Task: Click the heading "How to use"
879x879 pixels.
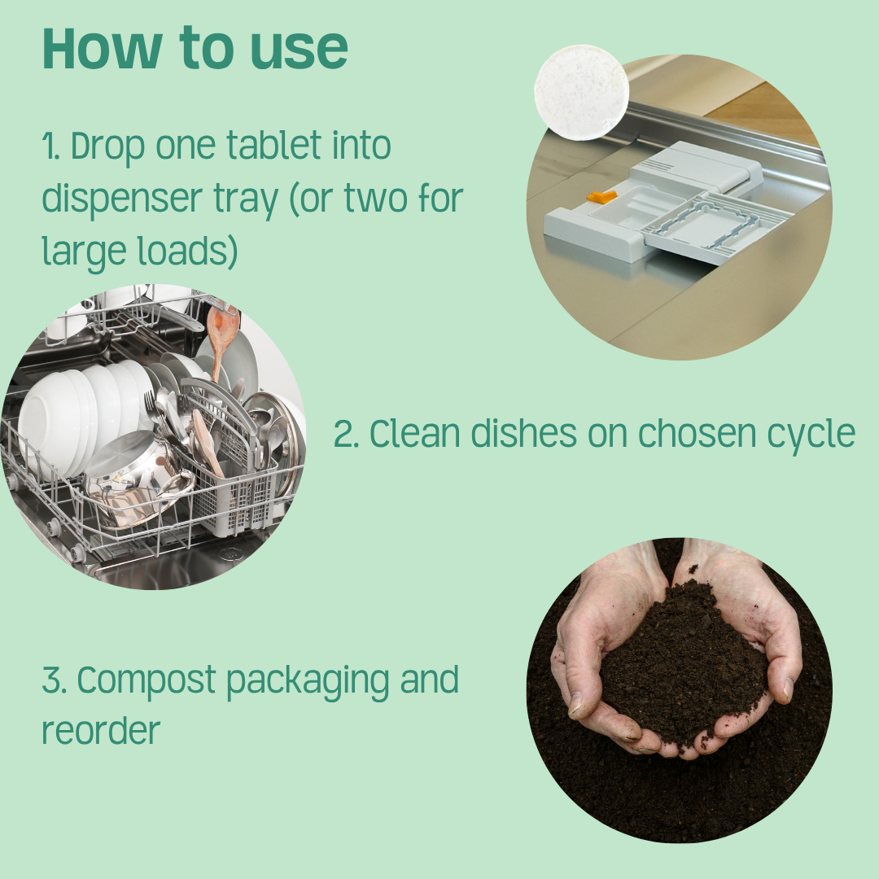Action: tap(195, 49)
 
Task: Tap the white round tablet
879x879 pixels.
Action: tap(581, 93)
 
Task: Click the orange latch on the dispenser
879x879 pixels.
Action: tap(602, 197)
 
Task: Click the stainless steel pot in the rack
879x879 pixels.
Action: tap(138, 480)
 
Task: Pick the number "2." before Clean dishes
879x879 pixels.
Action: tap(347, 435)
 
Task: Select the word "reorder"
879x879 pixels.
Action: tap(101, 730)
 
